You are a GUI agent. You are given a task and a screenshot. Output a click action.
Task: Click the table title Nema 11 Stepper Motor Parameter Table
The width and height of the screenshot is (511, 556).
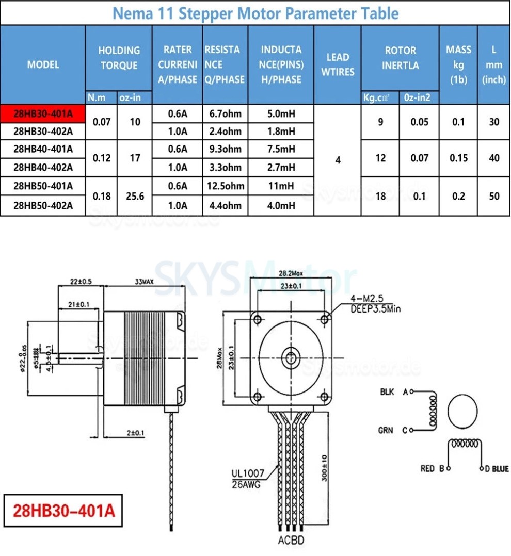point(255,13)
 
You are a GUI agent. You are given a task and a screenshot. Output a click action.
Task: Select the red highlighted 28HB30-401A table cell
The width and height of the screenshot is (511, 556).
point(43,113)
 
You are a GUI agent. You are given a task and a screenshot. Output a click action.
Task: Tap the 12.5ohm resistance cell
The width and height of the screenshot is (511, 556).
point(226,186)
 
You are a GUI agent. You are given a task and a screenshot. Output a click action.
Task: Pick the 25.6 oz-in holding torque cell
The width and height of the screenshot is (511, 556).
point(135,196)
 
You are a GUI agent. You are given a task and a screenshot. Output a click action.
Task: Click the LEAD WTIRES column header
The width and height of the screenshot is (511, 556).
point(338,64)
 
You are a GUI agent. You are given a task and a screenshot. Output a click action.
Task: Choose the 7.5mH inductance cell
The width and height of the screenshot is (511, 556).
point(281,149)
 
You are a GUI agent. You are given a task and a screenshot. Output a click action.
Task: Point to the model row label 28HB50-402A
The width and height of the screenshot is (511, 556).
point(43,206)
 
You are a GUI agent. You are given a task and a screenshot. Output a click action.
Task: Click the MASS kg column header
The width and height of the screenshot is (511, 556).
point(458,64)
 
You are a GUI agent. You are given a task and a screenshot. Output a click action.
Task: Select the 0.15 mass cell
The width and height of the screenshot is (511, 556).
point(458,158)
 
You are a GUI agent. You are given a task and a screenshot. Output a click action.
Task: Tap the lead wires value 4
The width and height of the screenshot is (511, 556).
point(338,160)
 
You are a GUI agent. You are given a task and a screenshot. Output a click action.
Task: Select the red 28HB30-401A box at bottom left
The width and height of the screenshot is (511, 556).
point(63,512)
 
